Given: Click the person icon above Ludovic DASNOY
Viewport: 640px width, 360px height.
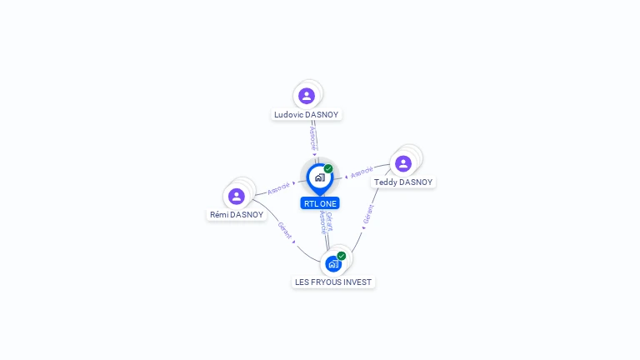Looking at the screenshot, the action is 307,96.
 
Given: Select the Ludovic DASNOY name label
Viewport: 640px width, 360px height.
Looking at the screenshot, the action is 306,115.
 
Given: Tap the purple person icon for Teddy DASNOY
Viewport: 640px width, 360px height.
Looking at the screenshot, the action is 403,163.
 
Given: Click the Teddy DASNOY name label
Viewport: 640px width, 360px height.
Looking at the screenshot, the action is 403,182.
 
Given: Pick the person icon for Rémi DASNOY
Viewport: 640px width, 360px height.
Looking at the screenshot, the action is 237,197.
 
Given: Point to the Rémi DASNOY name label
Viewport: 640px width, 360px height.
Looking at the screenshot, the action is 237,215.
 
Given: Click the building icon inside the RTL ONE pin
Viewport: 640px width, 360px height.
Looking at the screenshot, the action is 320,177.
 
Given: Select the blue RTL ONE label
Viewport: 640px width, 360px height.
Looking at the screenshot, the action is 320,203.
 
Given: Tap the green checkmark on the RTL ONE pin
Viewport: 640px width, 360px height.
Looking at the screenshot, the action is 328,168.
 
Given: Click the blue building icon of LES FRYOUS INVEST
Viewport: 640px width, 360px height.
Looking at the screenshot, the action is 333,264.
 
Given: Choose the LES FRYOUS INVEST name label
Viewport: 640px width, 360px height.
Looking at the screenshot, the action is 333,282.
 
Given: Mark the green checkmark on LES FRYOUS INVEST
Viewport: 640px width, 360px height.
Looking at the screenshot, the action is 342,256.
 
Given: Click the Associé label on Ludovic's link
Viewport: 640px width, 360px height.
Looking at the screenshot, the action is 313,138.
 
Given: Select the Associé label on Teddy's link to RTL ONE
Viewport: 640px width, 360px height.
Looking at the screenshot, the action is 362,172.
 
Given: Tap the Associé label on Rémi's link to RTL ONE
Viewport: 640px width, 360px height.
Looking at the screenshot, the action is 278,188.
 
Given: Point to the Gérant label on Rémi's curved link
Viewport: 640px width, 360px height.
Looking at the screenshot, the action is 284,230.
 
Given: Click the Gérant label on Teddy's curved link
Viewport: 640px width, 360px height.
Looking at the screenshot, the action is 368,214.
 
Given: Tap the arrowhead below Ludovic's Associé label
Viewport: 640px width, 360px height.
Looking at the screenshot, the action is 314,154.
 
